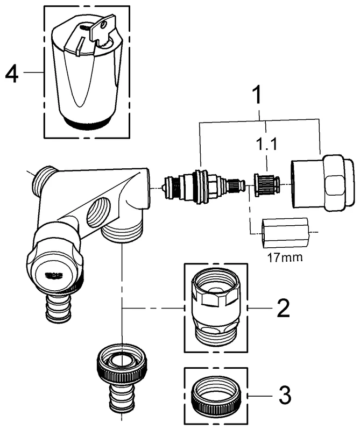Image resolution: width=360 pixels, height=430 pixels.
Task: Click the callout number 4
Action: pos(12,73)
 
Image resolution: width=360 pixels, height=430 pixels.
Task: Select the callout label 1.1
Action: pos(266,145)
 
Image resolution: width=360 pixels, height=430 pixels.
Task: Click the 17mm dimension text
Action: pos(284,257)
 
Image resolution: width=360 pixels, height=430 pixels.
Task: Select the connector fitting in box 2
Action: pos(215,307)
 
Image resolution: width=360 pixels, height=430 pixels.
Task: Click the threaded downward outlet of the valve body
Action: pos(123,234)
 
